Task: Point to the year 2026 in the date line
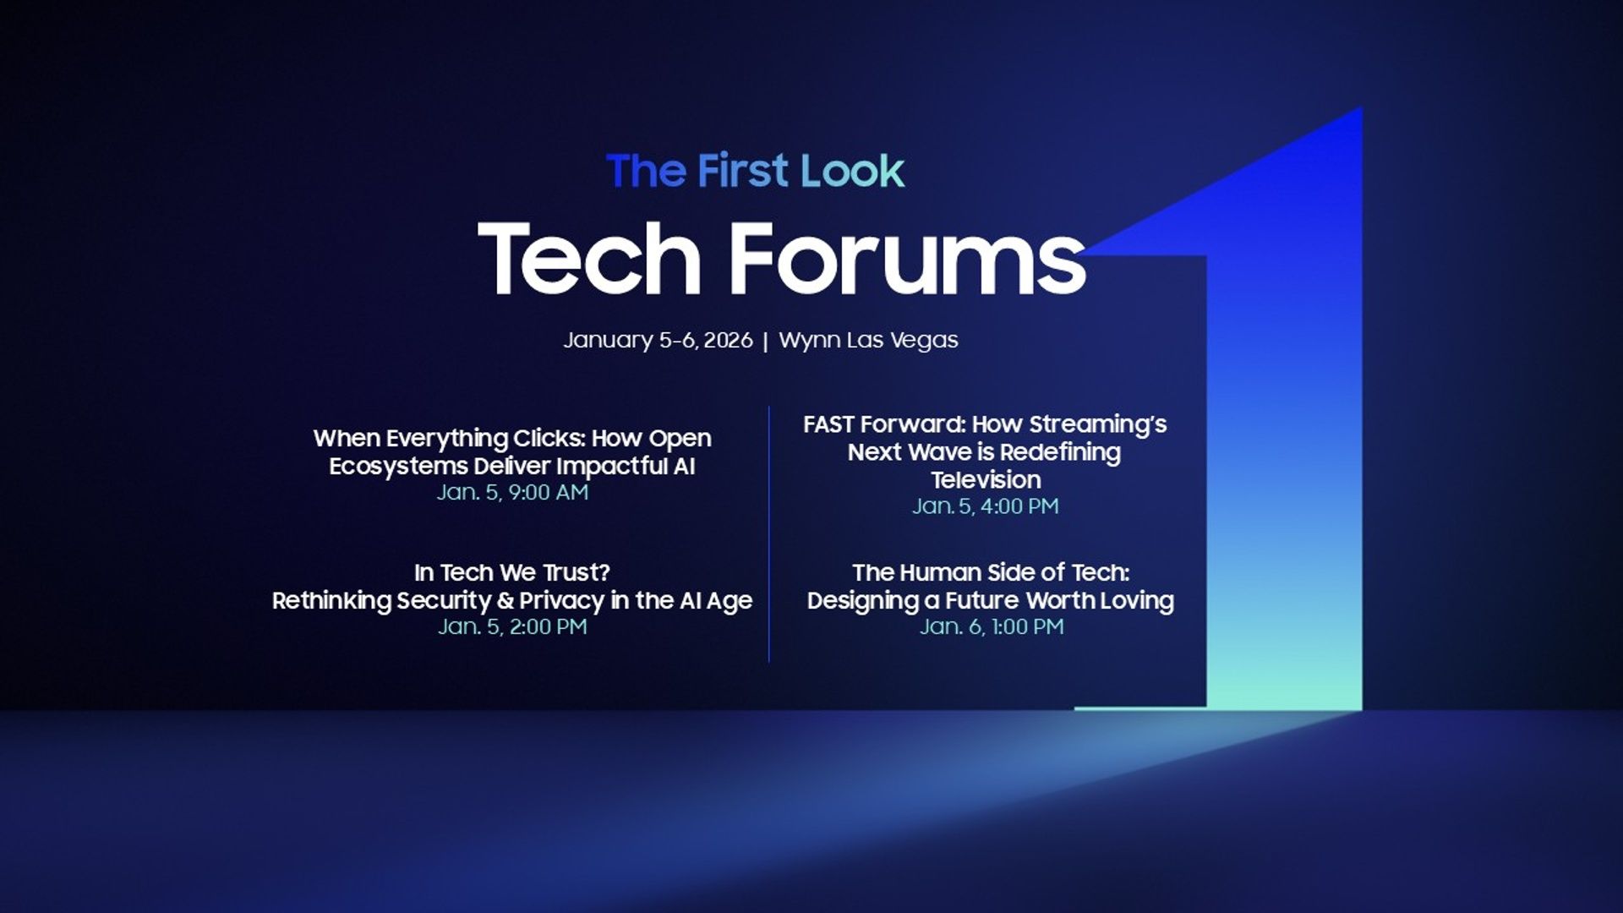(728, 340)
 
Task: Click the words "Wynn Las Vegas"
(868, 340)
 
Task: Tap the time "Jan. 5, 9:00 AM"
(512, 493)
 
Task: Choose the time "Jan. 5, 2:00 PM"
(512, 627)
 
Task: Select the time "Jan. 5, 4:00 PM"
(985, 506)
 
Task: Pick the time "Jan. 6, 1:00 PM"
(991, 627)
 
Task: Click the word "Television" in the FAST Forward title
(986, 480)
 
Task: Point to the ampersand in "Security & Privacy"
(505, 601)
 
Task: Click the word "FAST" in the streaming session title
(828, 424)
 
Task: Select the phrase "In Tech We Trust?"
(512, 573)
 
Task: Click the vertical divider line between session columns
(768, 533)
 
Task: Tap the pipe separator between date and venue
(765, 341)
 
